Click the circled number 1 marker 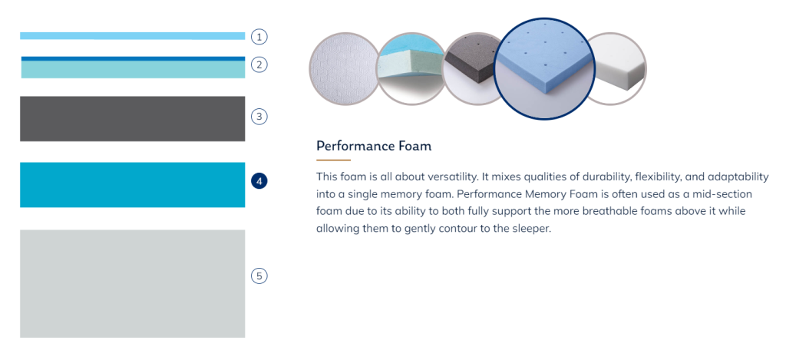coord(259,37)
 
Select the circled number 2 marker coord(259,64)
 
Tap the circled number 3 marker coord(259,117)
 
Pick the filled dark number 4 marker coord(259,181)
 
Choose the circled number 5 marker coord(259,276)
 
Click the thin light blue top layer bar coord(132,36)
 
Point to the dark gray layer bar coord(132,119)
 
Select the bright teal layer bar coord(132,185)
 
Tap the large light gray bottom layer coord(132,284)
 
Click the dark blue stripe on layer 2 coord(133,58)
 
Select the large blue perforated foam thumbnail coord(544,68)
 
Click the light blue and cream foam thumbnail coord(411,68)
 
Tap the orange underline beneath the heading coord(333,160)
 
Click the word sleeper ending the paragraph coord(533,230)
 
